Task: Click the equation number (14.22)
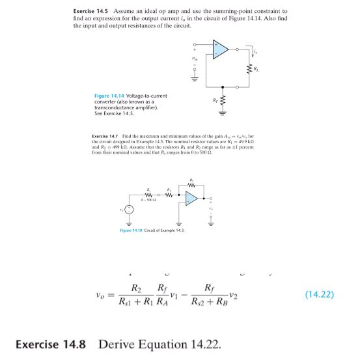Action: pos(318,294)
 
